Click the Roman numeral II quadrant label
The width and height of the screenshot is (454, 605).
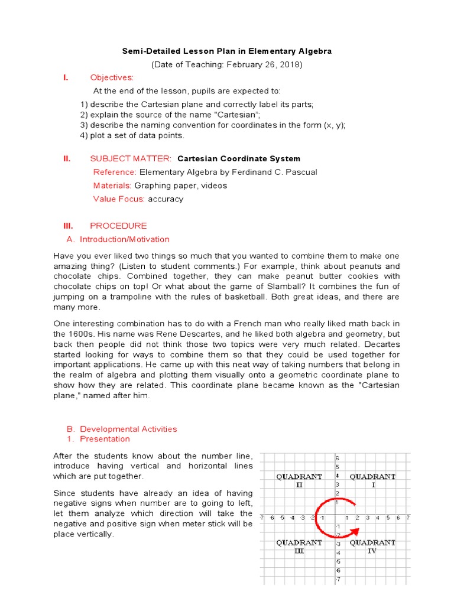[299, 484]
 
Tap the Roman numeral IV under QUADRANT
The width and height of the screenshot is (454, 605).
[372, 551]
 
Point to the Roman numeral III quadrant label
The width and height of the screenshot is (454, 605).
[299, 551]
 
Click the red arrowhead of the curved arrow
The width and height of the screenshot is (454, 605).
[353, 502]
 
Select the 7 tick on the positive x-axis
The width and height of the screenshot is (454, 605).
[408, 518]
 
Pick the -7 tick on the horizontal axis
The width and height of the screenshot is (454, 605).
[262, 518]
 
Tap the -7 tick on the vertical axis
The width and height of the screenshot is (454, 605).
[336, 580]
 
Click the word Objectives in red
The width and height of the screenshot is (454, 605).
[112, 77]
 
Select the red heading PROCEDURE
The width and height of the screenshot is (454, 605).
[118, 226]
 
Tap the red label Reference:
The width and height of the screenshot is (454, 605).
[115, 172]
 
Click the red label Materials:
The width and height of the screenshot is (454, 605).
[113, 186]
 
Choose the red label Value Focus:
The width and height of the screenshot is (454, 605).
[119, 199]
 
